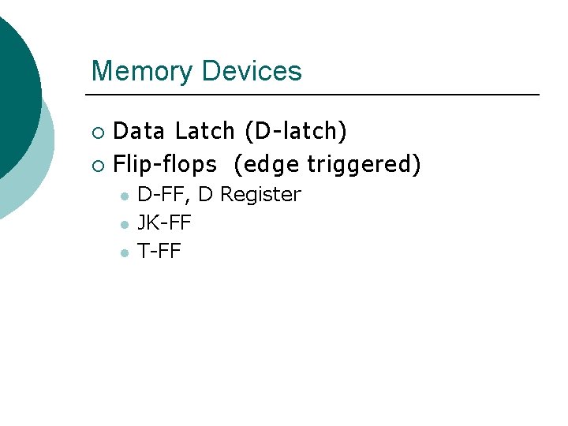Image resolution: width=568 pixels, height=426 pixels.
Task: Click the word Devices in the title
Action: pyautogui.click(x=252, y=71)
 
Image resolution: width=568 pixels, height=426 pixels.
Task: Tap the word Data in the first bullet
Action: pyautogui.click(x=140, y=131)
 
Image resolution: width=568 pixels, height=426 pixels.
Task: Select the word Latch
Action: pyautogui.click(x=205, y=131)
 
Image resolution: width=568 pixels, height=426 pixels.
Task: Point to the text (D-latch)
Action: pyautogui.click(x=296, y=131)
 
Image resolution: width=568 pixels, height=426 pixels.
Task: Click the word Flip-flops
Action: pyautogui.click(x=165, y=164)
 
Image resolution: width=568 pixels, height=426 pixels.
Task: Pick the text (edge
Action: pyautogui.click(x=267, y=164)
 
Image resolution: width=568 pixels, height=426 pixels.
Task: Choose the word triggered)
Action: pyautogui.click(x=364, y=164)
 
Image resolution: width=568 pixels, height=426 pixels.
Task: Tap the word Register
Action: pyautogui.click(x=261, y=194)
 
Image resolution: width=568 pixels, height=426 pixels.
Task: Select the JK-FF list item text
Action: pyautogui.click(x=164, y=223)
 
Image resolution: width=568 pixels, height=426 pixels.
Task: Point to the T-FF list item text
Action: pyautogui.click(x=159, y=252)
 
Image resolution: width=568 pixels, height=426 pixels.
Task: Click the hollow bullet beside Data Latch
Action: pyautogui.click(x=97, y=132)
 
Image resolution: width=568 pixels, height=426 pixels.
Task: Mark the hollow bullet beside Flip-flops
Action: pyautogui.click(x=97, y=165)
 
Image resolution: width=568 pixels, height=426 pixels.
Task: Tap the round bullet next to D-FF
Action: pyautogui.click(x=123, y=196)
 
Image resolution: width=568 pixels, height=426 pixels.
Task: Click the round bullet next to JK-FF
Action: pyautogui.click(x=123, y=224)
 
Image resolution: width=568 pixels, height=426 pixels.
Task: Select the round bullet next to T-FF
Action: pyautogui.click(x=123, y=252)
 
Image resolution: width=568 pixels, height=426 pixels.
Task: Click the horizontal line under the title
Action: pyautogui.click(x=316, y=95)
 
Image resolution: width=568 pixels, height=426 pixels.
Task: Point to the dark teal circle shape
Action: pyautogui.click(x=12, y=87)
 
